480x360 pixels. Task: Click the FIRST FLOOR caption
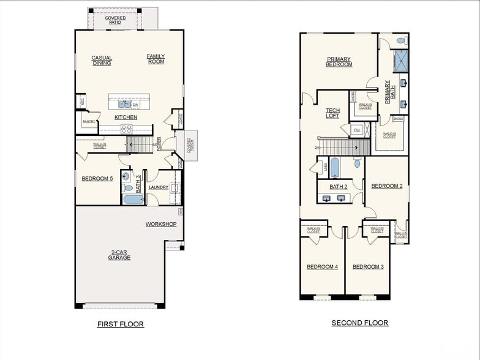(x=121, y=324)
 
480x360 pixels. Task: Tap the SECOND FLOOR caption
(x=359, y=323)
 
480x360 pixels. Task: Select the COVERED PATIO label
(x=115, y=20)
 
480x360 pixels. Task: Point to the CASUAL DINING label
(x=102, y=61)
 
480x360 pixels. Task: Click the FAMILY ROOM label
(x=156, y=59)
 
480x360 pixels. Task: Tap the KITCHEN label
(x=126, y=117)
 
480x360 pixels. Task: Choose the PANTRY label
(x=89, y=122)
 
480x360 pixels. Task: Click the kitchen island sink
(x=124, y=104)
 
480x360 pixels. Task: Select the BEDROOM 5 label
(x=97, y=179)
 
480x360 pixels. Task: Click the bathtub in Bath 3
(x=133, y=199)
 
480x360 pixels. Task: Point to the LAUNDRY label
(x=159, y=187)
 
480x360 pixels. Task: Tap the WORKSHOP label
(x=161, y=224)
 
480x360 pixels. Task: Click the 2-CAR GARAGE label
(x=119, y=255)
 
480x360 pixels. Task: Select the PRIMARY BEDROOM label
(x=339, y=62)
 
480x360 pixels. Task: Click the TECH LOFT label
(x=332, y=113)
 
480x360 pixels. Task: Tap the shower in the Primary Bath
(x=401, y=61)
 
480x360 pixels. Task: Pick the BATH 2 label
(x=339, y=187)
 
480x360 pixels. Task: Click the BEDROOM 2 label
(x=387, y=186)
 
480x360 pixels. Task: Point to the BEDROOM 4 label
(x=322, y=266)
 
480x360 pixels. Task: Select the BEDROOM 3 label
(x=368, y=266)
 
